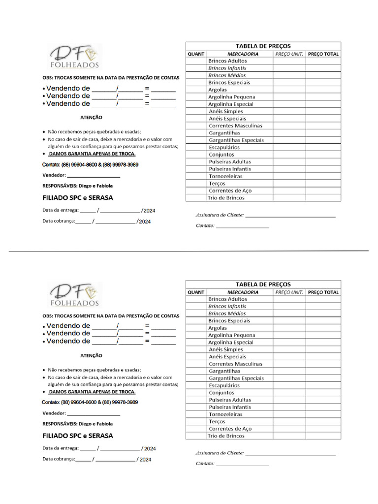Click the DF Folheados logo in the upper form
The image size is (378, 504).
74,57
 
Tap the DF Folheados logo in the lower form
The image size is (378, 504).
74,294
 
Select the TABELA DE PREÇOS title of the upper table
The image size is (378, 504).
263,46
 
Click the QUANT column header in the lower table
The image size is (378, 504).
196,292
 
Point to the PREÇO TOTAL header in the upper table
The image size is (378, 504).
323,54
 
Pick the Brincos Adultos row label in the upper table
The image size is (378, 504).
227,61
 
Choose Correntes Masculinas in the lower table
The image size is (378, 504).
235,364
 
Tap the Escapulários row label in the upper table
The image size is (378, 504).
224,147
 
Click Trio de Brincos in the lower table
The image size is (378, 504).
226,436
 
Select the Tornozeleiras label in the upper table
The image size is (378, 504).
225,176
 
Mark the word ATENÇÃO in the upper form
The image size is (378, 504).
91,118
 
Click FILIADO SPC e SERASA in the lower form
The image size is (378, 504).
78,436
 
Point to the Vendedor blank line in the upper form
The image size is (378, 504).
94,176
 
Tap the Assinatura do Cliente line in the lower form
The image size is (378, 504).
290,453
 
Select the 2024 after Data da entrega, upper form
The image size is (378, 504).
150,211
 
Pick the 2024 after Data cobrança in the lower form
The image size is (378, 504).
145,460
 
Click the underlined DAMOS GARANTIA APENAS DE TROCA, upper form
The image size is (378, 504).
92,154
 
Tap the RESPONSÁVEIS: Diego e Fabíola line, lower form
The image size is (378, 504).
78,424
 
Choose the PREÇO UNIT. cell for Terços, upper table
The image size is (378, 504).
289,184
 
